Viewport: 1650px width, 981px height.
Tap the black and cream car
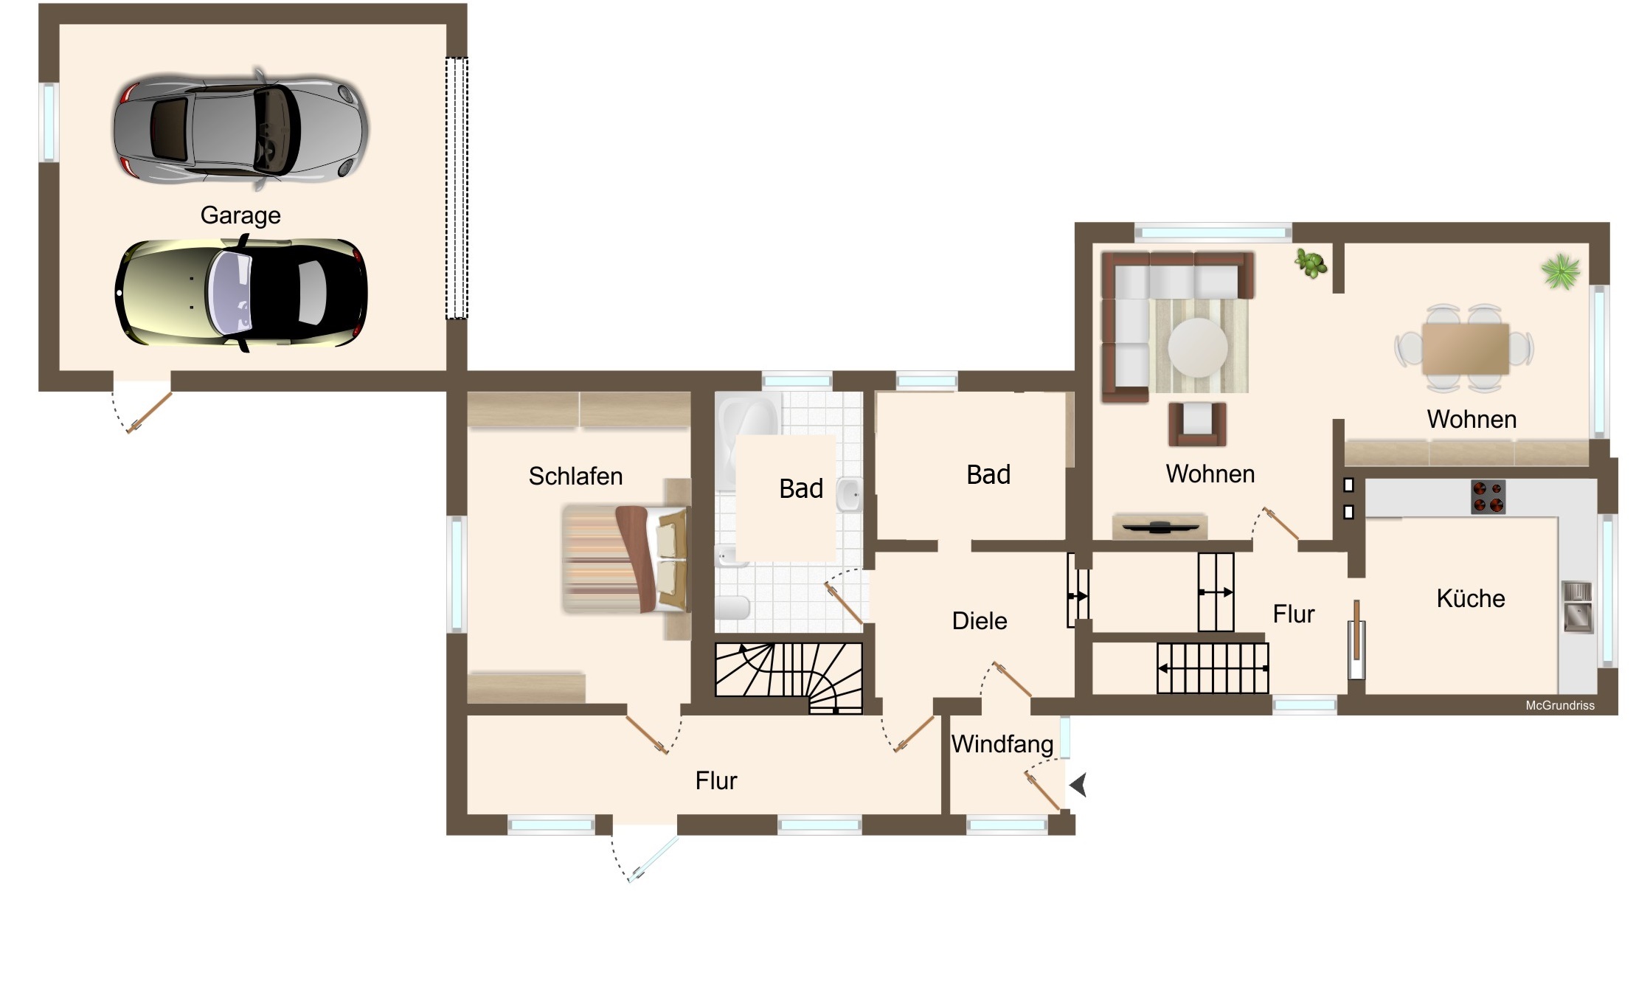coord(240,293)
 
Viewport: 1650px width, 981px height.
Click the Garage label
coord(240,215)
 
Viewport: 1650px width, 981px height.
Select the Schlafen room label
coord(575,476)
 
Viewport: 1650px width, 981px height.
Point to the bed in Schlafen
coord(625,559)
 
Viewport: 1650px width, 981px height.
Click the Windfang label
coord(1002,743)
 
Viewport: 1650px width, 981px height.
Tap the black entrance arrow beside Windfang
coord(1079,785)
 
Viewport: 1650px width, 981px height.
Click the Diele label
coord(980,621)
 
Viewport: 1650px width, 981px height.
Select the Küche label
coord(1471,598)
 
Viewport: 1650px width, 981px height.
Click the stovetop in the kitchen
coord(1488,496)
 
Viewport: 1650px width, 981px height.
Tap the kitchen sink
coord(1577,607)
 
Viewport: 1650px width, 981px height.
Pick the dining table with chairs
coord(1465,348)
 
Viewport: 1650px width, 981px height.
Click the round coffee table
coord(1198,347)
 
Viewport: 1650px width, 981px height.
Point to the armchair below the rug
coord(1197,423)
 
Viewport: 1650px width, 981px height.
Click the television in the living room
coord(1159,526)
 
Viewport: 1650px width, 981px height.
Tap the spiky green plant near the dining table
coord(1561,271)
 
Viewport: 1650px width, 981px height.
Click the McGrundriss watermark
coord(1560,706)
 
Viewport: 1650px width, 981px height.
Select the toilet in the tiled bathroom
coord(732,608)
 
